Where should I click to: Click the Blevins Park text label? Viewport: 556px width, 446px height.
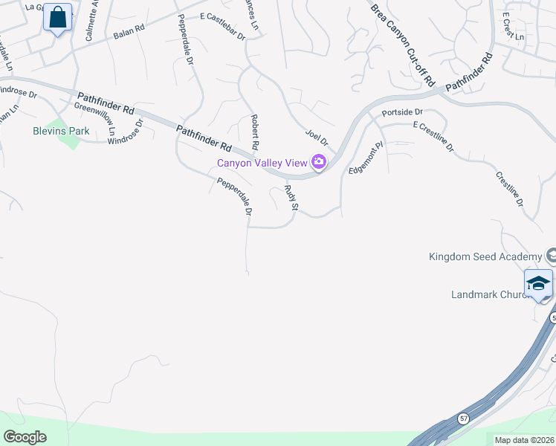point(61,131)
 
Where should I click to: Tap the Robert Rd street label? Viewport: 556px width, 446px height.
point(255,129)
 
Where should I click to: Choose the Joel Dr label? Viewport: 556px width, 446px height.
point(317,137)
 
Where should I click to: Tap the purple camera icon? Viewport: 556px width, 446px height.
point(319,162)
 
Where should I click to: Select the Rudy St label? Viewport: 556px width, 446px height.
point(291,198)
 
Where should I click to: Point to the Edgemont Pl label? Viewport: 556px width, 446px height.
point(366,158)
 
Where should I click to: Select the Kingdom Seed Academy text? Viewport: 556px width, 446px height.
point(485,257)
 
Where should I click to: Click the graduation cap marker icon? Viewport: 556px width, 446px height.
point(538,284)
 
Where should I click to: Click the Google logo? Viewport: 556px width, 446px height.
point(25,437)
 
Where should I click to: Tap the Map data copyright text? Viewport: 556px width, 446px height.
point(523,440)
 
